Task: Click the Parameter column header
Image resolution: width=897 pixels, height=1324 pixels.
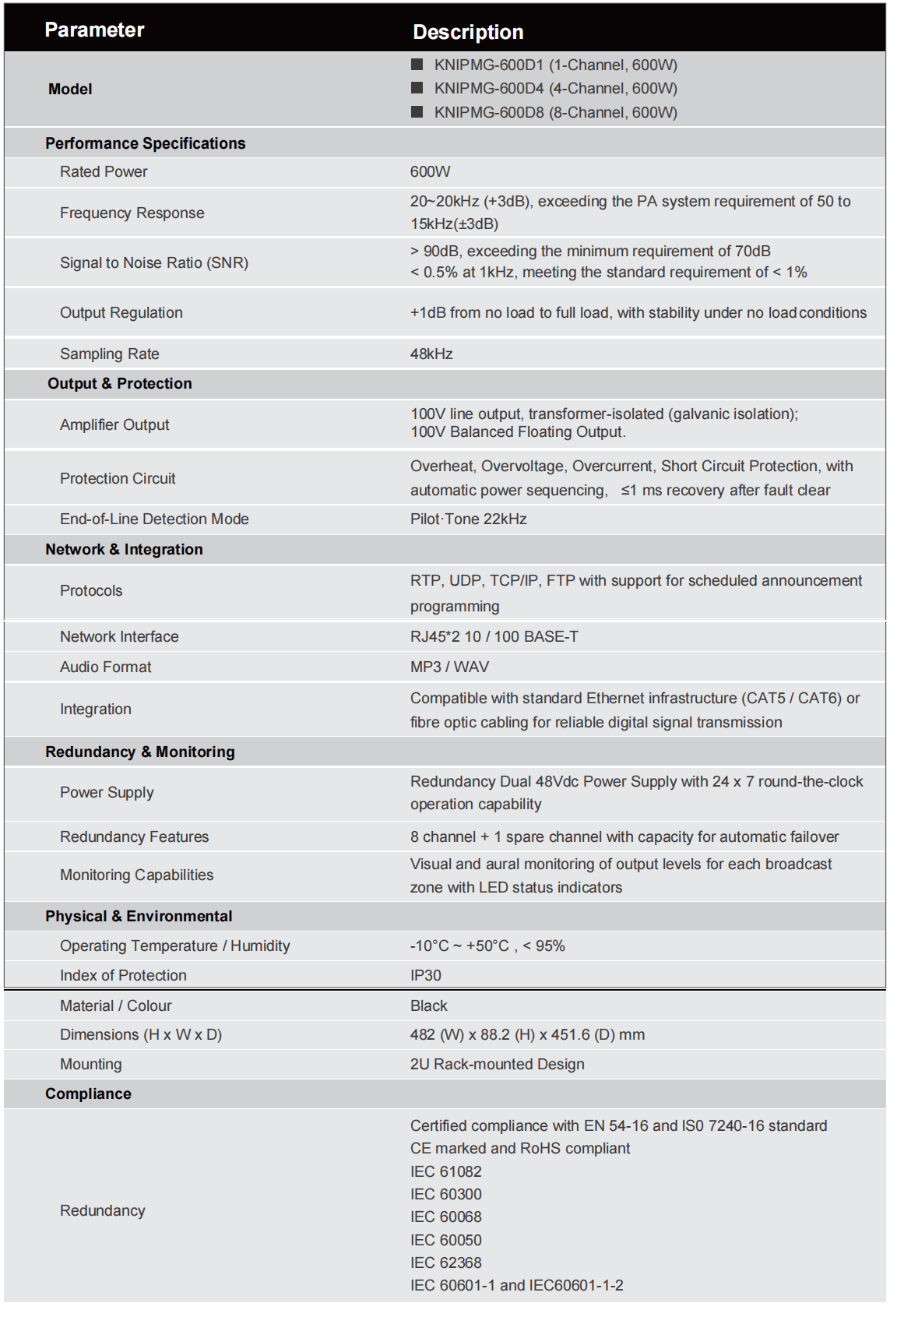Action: tap(94, 30)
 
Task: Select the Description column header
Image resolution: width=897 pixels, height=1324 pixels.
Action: tap(468, 32)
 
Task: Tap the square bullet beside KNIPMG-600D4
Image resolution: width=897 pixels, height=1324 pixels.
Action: tap(417, 88)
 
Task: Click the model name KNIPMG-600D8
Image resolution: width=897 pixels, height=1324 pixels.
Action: tap(489, 112)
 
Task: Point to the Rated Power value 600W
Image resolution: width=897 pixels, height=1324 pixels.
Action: tap(430, 172)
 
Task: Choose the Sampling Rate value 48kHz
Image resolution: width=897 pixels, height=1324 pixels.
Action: tap(431, 354)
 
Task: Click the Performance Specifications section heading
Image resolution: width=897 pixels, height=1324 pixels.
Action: tap(145, 143)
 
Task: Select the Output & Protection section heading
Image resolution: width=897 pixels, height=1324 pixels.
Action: tap(119, 383)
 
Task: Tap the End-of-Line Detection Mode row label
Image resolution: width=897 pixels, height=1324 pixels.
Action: tap(154, 519)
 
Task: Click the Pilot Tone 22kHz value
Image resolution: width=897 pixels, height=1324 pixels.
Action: tap(468, 519)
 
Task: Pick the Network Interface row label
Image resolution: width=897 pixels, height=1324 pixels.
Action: tap(119, 636)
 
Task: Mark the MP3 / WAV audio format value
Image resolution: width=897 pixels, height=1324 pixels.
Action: tap(449, 667)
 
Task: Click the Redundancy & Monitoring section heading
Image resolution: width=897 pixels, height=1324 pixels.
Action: tap(139, 752)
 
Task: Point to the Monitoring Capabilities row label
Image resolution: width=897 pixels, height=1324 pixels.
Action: tap(136, 875)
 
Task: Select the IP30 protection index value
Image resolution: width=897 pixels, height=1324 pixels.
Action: tap(425, 975)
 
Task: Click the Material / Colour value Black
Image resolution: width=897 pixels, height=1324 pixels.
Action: tap(428, 1005)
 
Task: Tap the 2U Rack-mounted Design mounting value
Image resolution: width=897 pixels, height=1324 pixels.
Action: tap(497, 1064)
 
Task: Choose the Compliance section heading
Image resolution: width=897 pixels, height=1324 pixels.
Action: tap(88, 1093)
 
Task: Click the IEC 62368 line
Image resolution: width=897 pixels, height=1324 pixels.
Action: tap(445, 1262)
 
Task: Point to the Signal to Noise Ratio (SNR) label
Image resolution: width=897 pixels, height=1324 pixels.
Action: tap(154, 262)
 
